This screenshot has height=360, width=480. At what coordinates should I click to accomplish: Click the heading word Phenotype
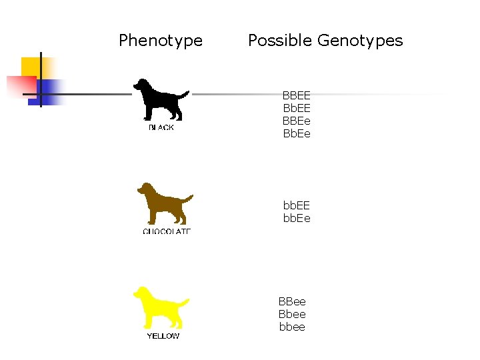(161, 41)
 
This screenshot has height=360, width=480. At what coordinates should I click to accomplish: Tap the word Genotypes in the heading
(360, 41)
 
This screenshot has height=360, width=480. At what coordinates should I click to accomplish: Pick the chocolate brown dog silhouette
(162, 204)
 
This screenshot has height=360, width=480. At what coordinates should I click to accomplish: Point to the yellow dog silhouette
(159, 307)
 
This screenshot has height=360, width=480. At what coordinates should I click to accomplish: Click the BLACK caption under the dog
(161, 127)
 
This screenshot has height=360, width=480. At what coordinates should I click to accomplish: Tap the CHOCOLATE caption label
(167, 231)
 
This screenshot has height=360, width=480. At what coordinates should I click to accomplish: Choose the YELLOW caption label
(163, 336)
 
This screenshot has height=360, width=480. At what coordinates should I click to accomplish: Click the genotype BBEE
(297, 96)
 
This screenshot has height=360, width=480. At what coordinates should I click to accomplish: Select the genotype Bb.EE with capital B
(297, 109)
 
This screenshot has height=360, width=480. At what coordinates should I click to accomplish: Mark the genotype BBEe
(297, 121)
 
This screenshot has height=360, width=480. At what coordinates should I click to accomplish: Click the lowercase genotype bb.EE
(297, 205)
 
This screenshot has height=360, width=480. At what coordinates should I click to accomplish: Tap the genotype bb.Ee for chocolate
(297, 218)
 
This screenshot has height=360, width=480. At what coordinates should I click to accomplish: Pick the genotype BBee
(292, 302)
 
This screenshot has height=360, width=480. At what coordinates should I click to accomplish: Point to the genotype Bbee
(292, 315)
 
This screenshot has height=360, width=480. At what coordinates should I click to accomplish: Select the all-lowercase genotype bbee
(292, 327)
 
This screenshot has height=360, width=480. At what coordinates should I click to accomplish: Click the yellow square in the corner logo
(31, 67)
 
